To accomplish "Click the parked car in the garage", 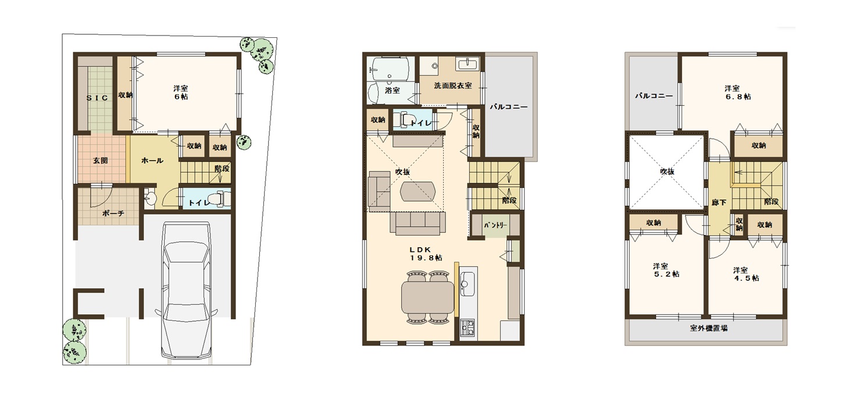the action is coord(186,290).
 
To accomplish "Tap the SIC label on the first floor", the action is coord(98,98).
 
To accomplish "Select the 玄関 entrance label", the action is coord(101,161).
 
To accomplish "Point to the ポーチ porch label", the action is coord(113,213).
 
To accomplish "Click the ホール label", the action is coord(152,161).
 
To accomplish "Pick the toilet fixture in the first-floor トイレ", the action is coord(220,198).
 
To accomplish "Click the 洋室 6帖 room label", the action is coord(181,92).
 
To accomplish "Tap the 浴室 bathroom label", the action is coord(393,90).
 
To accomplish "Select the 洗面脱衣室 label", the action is coord(453,85).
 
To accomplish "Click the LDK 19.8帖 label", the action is coord(425,254).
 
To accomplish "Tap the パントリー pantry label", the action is coord(495,225).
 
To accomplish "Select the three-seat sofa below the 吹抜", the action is coord(418,223).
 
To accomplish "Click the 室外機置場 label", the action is coord(708,329).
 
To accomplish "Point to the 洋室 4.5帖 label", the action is coord(746,274).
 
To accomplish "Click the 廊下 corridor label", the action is coord(719,202).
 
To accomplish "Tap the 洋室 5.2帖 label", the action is coord(666,270).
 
